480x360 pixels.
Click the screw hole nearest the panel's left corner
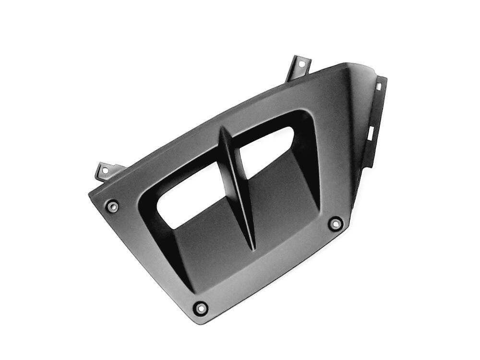click(113, 206)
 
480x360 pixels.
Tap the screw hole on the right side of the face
click(336, 223)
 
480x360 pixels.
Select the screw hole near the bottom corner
click(200, 307)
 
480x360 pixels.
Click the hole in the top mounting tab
click(301, 63)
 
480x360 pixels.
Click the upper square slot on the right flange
click(378, 86)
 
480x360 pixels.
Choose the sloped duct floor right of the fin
click(283, 202)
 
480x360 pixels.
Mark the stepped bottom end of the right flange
click(367, 163)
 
